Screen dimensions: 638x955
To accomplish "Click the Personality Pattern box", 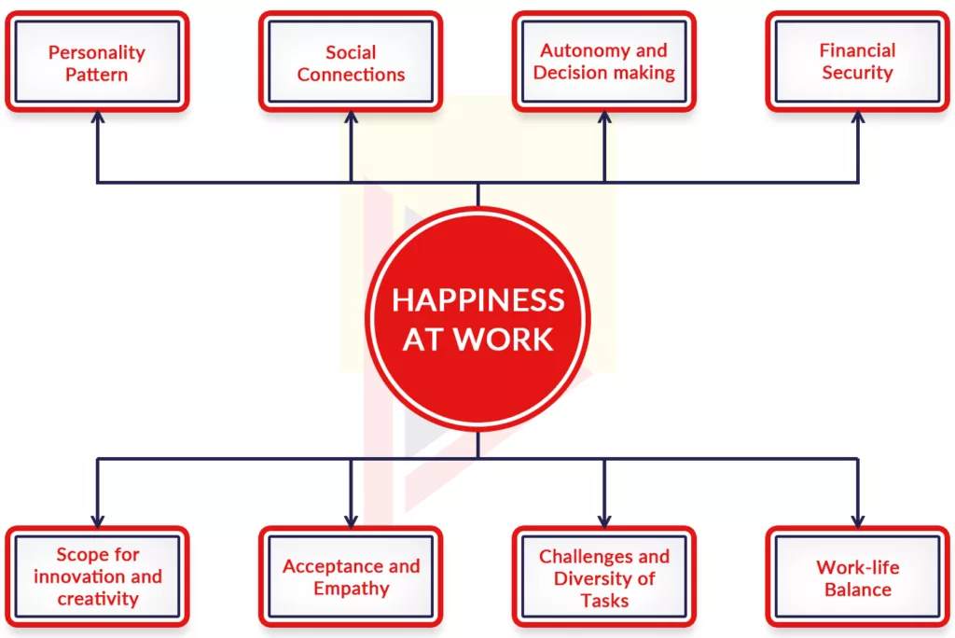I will tap(97, 62).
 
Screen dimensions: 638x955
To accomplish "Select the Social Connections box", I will tap(351, 62).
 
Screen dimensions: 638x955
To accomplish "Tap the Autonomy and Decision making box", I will tap(604, 62).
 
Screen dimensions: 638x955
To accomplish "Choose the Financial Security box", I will tap(858, 62).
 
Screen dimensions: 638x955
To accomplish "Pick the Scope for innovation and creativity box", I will tap(97, 576).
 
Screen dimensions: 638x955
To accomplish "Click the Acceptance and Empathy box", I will tap(351, 576).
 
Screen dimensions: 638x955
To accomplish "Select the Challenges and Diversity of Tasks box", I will tap(604, 576).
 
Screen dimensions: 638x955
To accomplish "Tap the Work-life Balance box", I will tap(858, 576).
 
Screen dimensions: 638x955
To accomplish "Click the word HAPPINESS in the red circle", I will tap(477, 300).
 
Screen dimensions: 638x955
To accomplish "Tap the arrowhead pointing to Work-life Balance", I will tap(858, 520).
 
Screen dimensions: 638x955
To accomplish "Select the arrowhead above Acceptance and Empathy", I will tap(351, 520).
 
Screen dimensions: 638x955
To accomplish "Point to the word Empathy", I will tap(351, 589).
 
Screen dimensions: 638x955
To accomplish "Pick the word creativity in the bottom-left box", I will tap(97, 599).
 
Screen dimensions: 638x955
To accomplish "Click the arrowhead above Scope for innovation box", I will tap(97, 520).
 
